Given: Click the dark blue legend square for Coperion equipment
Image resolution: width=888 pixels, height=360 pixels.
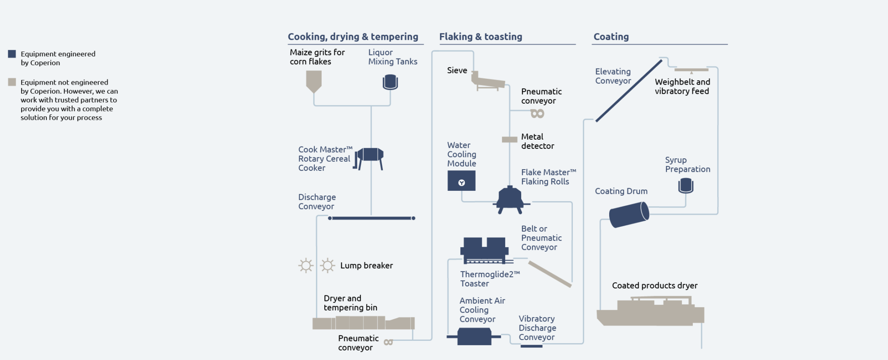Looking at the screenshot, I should pos(12,54).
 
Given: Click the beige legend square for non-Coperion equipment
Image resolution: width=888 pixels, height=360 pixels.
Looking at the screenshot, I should pos(12,82).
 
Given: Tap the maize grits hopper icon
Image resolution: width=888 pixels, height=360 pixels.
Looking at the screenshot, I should pos(313,81).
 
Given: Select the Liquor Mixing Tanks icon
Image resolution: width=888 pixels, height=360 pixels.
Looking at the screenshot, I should pos(390,82).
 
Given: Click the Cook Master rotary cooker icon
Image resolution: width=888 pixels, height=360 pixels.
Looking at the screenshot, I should pos(370,157).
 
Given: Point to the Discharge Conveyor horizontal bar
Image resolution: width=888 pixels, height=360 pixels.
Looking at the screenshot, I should pos(372,218).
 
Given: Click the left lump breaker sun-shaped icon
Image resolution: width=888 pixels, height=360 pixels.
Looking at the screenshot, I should pos(306,265).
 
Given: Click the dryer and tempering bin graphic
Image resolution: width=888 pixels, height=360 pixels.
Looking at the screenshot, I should pos(363,323).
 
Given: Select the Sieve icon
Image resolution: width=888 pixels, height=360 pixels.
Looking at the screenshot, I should pos(487,81).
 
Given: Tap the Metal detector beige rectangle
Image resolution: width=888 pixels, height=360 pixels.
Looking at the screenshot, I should pos(509,140).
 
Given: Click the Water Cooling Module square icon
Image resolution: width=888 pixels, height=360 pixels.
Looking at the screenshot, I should pos(461,180).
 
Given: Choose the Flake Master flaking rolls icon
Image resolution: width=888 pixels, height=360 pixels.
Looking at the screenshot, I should pos(510,200).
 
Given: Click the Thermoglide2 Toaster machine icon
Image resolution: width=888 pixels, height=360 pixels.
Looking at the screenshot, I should pos(485,250).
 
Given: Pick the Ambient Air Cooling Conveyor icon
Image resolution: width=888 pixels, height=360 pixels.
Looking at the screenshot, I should pos(474,336).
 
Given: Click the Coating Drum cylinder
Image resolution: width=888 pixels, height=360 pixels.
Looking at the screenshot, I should pos(629,214).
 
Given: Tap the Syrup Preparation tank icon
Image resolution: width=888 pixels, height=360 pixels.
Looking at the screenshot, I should pos(686,186).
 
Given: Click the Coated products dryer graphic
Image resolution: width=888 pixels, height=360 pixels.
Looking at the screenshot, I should pos(650,312).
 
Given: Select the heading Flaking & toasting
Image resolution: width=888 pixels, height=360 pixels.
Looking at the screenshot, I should pos(480,37).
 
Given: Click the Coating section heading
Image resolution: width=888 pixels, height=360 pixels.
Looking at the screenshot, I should pos(611,37).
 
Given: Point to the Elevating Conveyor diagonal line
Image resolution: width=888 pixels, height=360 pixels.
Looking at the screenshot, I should pos(629,91).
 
